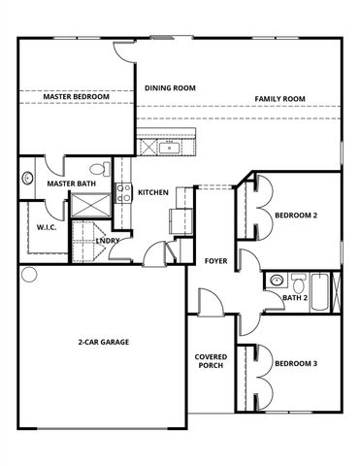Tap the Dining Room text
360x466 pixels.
(x=170, y=88)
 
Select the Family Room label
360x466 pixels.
(x=280, y=99)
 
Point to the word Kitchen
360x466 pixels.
(x=153, y=192)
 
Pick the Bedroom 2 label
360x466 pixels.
(x=296, y=215)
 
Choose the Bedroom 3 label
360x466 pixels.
(x=296, y=364)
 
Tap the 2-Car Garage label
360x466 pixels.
(x=104, y=342)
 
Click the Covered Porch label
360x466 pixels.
(x=211, y=363)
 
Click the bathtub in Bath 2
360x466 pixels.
(x=317, y=288)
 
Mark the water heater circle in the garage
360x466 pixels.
(x=29, y=275)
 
